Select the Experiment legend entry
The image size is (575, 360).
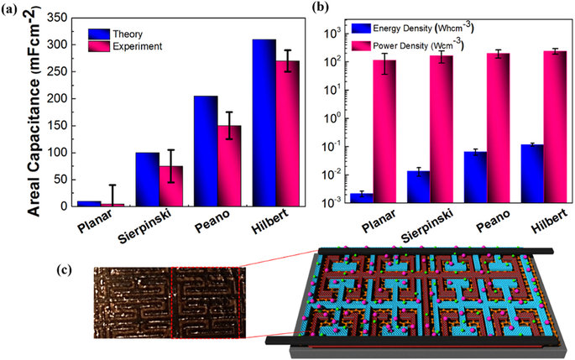pos(137,46)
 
